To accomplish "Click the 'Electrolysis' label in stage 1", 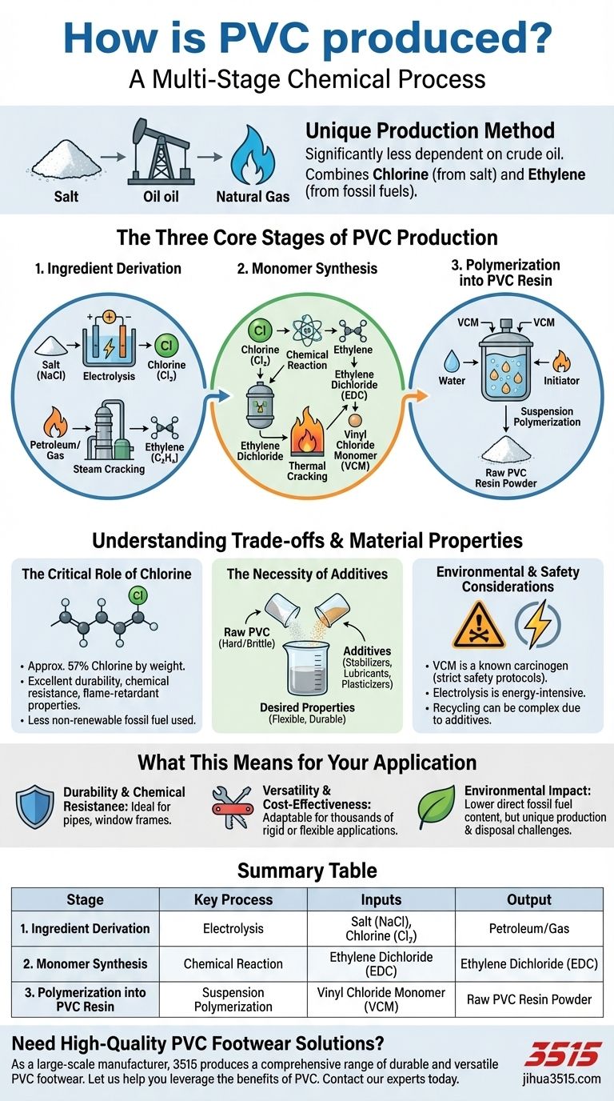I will (110, 374).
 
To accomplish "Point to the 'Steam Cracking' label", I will (109, 468).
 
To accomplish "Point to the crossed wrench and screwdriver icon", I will (232, 807).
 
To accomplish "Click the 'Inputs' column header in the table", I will (381, 899).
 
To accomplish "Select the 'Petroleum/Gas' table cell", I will (528, 929).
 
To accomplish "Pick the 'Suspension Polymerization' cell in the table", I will (233, 999).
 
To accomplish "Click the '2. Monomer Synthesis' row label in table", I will (85, 963).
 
